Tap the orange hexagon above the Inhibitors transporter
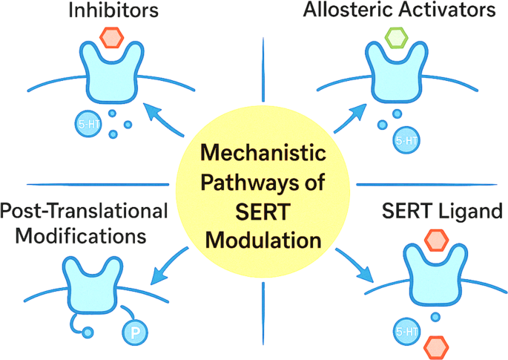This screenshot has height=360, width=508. click(111, 36)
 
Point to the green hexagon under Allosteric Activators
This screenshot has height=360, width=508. click(396, 36)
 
